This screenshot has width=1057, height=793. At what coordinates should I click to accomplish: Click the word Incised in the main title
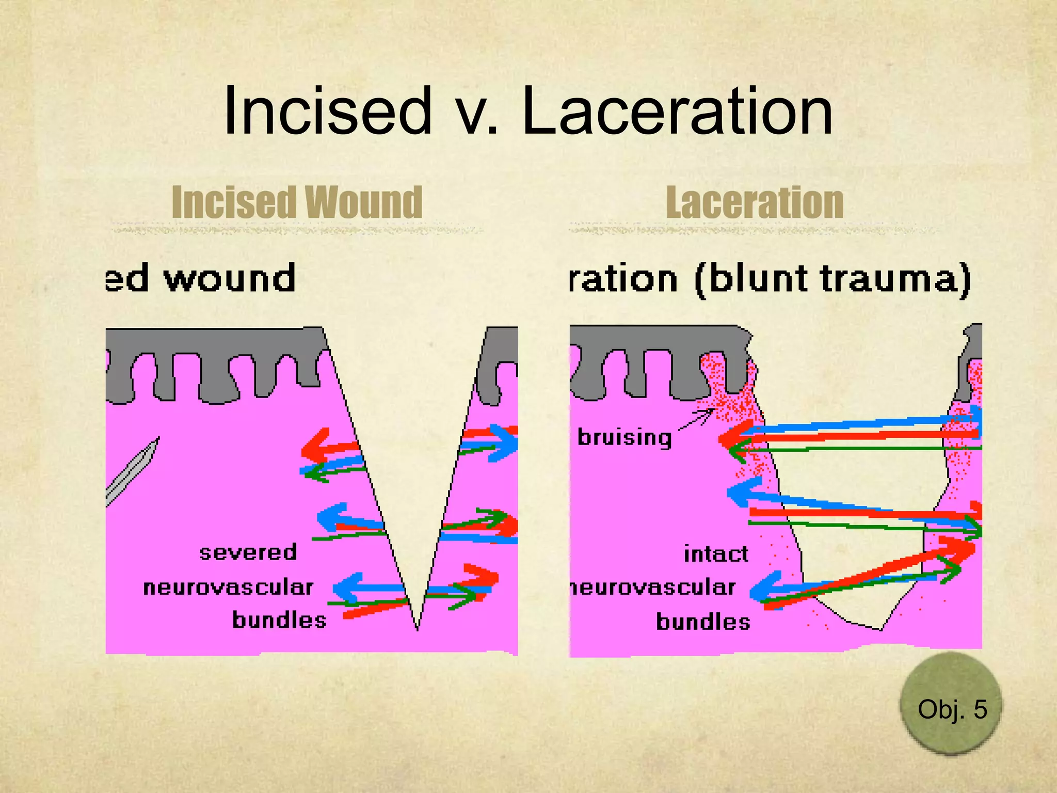click(x=327, y=111)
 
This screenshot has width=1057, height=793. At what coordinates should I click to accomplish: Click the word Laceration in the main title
click(x=677, y=111)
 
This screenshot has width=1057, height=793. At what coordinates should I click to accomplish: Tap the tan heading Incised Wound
click(x=297, y=202)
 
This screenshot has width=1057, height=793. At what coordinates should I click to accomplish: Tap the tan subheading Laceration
click(x=755, y=202)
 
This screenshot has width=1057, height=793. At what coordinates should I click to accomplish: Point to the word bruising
click(x=624, y=438)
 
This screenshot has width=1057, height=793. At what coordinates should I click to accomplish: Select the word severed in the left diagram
click(x=248, y=553)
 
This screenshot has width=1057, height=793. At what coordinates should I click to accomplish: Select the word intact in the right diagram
click(x=716, y=554)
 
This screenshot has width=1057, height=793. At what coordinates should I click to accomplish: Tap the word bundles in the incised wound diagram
click(x=279, y=620)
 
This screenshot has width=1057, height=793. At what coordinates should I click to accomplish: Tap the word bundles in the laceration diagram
click(x=703, y=622)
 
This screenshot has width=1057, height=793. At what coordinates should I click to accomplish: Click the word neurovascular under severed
click(x=228, y=588)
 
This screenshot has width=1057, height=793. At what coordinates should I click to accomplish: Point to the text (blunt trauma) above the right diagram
click(x=832, y=280)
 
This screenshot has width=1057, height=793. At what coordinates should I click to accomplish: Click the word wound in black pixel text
click(x=230, y=279)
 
